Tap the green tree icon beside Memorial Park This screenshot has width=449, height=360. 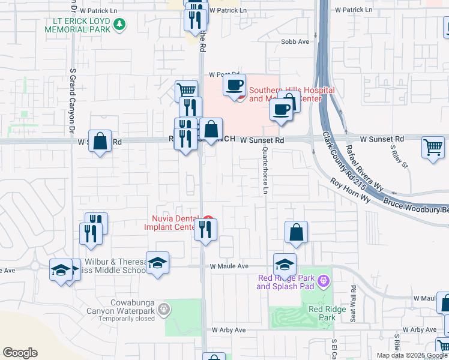click(120, 24)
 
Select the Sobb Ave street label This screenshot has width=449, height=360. click(295, 41)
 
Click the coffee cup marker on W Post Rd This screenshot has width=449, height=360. click(235, 85)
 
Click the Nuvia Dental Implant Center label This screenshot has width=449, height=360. click(170, 223)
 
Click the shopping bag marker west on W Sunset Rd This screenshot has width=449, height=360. click(100, 142)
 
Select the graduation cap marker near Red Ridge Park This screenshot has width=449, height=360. click(285, 264)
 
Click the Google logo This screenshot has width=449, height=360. click(20, 353)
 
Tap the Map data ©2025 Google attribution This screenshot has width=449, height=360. click(411, 355)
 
